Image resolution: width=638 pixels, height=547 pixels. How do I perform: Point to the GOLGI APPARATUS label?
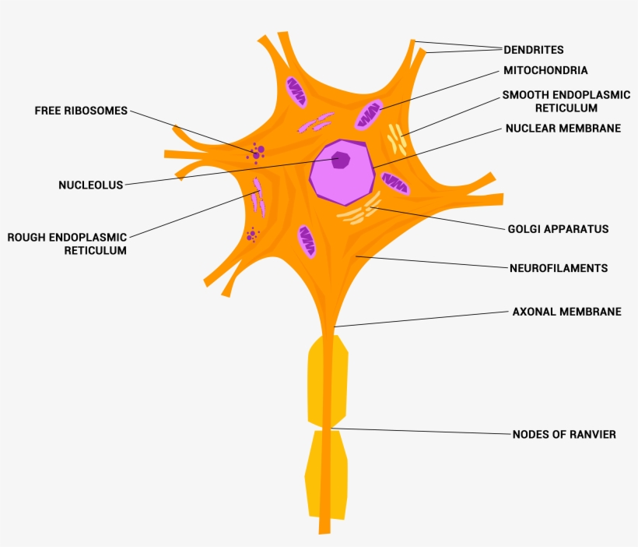[558, 229]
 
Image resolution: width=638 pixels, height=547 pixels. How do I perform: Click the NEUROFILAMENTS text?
[558, 268]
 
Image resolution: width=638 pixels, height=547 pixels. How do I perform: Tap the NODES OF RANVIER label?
[563, 434]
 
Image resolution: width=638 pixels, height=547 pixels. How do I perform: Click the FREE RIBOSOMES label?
[80, 111]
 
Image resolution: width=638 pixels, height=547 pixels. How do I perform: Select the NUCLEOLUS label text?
[91, 185]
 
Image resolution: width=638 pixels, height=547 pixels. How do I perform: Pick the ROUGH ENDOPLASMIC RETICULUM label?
[67, 243]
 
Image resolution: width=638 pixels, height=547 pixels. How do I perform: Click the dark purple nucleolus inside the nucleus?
[341, 160]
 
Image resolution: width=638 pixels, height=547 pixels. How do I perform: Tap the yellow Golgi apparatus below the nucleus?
[359, 209]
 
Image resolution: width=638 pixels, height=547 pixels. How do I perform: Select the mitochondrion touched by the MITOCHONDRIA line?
[369, 115]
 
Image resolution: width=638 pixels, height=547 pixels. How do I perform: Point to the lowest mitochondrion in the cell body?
[307, 242]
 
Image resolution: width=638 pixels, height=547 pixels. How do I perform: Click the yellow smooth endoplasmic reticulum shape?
[398, 139]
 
